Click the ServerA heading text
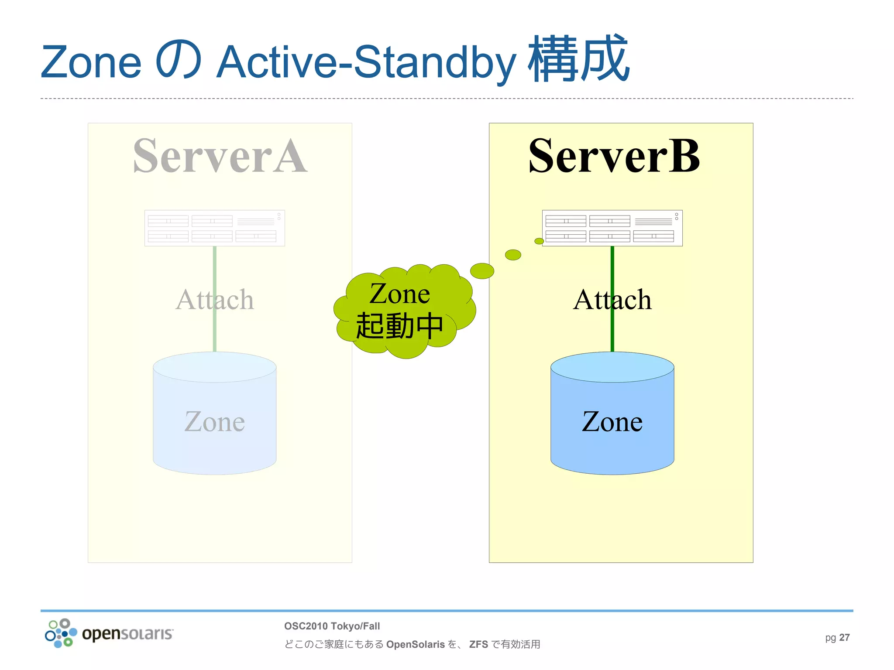click(x=220, y=156)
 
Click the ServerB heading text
click(x=614, y=156)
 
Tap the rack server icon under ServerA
click(x=214, y=228)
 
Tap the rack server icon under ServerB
click(x=612, y=228)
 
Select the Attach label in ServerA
click(x=214, y=300)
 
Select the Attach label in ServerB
click(x=612, y=300)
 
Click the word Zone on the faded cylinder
click(x=214, y=422)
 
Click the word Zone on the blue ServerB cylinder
click(x=612, y=422)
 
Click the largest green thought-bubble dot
click(x=482, y=271)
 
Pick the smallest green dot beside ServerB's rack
click(x=539, y=241)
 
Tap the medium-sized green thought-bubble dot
click(x=513, y=255)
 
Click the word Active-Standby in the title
click(x=366, y=62)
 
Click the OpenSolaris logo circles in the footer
click(x=61, y=633)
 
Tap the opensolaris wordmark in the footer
click(x=127, y=633)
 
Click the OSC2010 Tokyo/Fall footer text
click(x=332, y=626)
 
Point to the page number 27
click(x=844, y=637)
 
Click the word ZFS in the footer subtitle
click(x=478, y=644)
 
